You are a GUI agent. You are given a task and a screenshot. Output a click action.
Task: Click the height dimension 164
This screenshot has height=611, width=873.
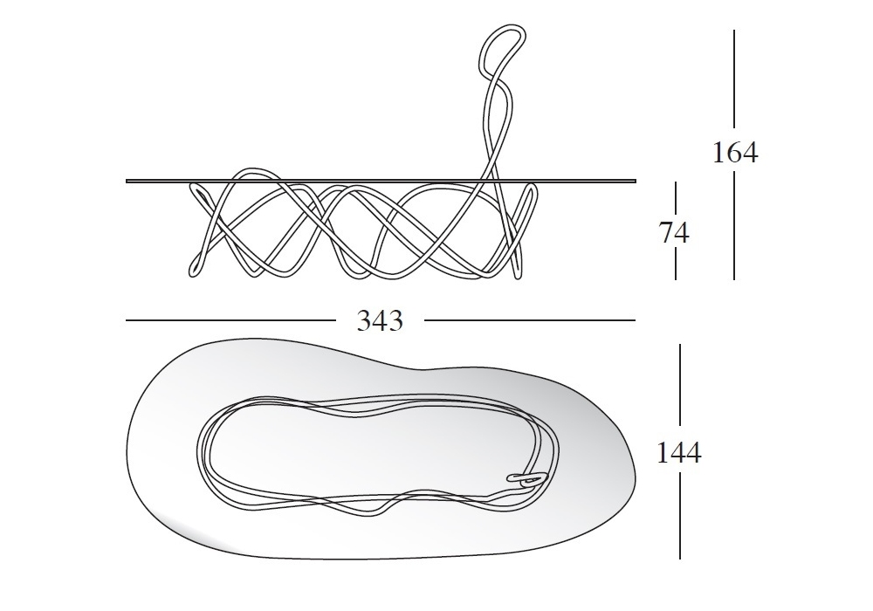(735, 152)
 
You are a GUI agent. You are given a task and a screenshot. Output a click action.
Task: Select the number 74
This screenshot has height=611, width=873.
(674, 232)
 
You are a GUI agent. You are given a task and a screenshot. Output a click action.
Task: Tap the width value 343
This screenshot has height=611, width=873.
(380, 320)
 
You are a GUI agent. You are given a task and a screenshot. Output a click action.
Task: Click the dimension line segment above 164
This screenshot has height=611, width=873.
(734, 79)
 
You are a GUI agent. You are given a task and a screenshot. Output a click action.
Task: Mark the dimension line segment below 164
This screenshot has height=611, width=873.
(734, 225)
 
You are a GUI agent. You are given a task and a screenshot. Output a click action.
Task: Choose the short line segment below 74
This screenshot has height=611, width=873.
(676, 264)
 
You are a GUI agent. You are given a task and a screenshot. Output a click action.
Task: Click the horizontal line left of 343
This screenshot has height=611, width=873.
(231, 320)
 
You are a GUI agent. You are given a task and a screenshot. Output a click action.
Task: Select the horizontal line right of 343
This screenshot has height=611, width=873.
(530, 320)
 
